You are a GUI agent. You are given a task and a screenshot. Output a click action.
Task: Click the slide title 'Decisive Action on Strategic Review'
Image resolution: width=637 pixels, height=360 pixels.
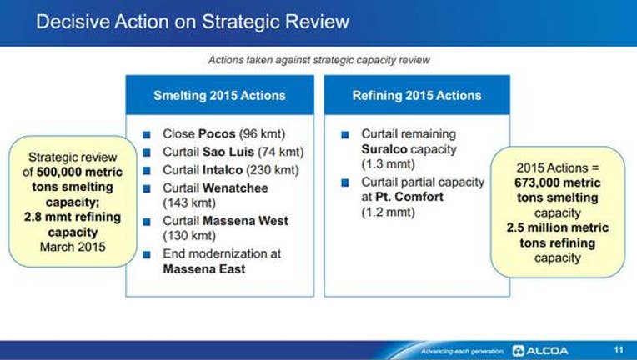193,22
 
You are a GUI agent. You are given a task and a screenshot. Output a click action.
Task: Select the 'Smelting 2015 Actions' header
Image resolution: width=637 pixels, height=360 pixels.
219,95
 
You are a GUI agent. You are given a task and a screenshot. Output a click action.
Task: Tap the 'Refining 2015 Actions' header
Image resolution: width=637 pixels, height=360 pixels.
417,95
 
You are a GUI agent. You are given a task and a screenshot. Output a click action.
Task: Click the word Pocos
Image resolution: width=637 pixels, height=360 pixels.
217,133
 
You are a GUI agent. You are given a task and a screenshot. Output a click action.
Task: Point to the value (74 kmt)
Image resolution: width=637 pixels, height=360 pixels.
281,152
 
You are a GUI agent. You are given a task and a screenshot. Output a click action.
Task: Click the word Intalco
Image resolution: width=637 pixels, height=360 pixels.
223,170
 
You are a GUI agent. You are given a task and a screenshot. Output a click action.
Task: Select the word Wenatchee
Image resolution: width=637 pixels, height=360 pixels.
235,187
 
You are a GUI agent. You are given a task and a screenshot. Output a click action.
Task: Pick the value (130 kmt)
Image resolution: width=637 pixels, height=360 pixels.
189,235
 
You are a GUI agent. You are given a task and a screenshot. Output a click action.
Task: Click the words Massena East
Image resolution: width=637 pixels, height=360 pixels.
204,268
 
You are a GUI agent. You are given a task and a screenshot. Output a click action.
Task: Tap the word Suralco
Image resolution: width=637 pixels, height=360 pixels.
384,149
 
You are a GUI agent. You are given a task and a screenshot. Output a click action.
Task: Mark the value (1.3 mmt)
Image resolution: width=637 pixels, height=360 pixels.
388,164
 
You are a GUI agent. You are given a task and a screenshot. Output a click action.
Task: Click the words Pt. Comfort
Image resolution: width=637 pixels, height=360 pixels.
409,197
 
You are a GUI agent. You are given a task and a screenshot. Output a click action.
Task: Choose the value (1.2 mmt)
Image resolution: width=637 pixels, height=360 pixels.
388,212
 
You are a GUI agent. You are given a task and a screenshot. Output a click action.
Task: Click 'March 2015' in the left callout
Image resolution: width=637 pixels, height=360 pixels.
73,247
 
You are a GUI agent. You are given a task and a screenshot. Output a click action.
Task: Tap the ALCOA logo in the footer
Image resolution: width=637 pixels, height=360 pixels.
540,350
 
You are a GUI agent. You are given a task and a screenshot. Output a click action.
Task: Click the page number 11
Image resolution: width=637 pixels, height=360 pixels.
619,350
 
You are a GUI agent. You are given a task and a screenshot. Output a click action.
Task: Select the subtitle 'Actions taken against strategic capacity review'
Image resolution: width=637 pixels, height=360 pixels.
318,60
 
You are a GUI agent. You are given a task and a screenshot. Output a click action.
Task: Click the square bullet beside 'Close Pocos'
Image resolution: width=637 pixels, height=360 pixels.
147,134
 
